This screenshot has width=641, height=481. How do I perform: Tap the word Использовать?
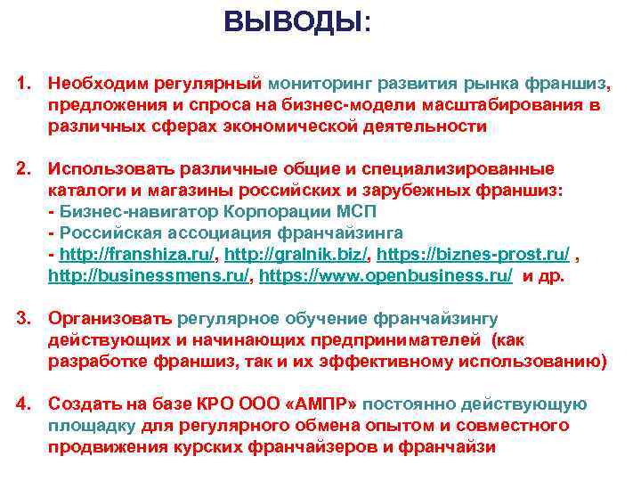(x=107, y=168)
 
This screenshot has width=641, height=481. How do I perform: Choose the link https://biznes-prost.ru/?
(x=462, y=254)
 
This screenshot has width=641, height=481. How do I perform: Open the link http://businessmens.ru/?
(x=149, y=276)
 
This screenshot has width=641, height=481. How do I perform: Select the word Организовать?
(x=110, y=318)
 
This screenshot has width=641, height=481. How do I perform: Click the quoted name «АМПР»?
(x=321, y=404)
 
